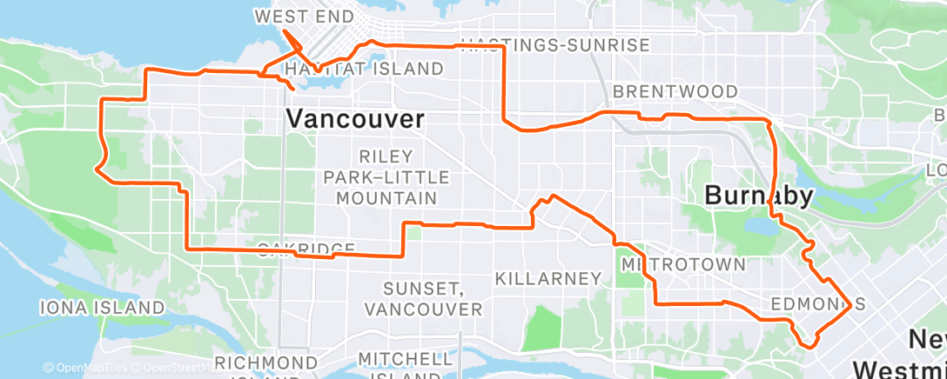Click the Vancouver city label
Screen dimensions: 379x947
355,119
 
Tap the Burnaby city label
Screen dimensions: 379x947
757,196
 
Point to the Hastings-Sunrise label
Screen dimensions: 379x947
554,45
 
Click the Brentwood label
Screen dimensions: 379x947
675,91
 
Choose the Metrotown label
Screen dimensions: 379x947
683,263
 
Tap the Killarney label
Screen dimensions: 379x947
548,279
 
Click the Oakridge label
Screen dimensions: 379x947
306,249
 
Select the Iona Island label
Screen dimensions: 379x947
101,307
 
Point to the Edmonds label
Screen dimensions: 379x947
817,303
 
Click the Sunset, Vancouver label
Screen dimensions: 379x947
423,298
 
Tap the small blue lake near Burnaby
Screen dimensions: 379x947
761,228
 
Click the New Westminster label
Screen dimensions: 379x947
914,352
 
